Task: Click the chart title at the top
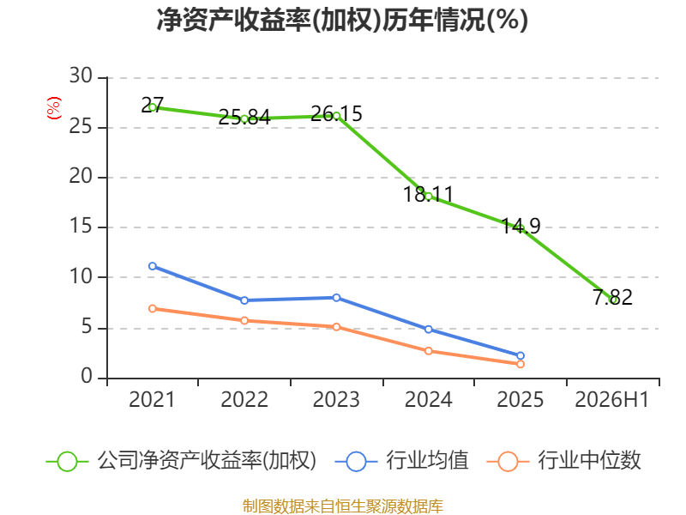[342, 20]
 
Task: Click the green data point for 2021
[153, 107]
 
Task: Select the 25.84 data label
[244, 117]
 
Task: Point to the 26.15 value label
[336, 114]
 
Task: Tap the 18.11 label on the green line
[428, 195]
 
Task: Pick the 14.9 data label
[521, 226]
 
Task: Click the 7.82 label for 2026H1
[612, 297]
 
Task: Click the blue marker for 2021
[153, 266]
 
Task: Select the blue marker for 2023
[336, 298]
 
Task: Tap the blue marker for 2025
[521, 355]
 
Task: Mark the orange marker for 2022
[244, 320]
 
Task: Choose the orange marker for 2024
[428, 351]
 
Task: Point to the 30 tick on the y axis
[81, 76]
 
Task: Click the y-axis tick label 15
[81, 226]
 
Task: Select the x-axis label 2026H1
[611, 399]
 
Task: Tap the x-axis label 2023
[336, 399]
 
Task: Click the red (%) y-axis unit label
[54, 108]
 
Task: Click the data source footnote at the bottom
[343, 506]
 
